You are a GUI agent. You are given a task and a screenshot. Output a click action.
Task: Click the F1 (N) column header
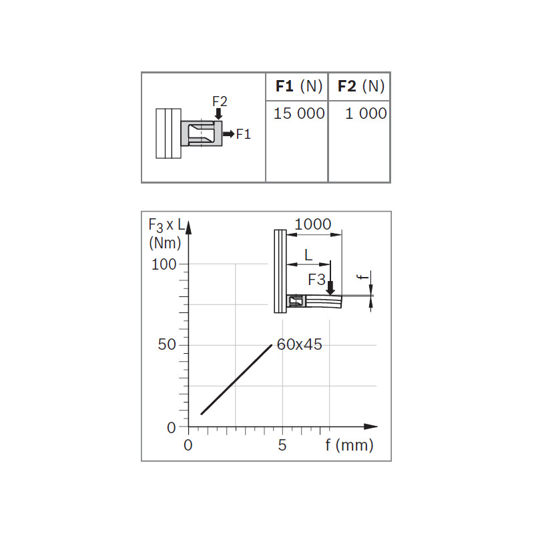click(298, 86)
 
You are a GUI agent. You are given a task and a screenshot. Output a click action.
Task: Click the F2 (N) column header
click(361, 86)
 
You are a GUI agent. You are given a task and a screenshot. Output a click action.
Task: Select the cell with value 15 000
click(299, 113)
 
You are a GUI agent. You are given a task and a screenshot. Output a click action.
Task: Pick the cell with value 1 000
click(366, 113)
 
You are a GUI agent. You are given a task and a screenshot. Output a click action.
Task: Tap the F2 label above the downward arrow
click(220, 101)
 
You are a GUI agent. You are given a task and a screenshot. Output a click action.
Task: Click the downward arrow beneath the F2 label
click(219, 113)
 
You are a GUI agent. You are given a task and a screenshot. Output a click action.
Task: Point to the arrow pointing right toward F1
click(228, 134)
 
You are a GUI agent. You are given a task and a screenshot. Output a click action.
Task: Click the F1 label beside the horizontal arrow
click(244, 134)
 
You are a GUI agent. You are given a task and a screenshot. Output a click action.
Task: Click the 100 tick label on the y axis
click(164, 264)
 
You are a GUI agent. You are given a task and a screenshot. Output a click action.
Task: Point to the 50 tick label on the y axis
click(167, 344)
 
